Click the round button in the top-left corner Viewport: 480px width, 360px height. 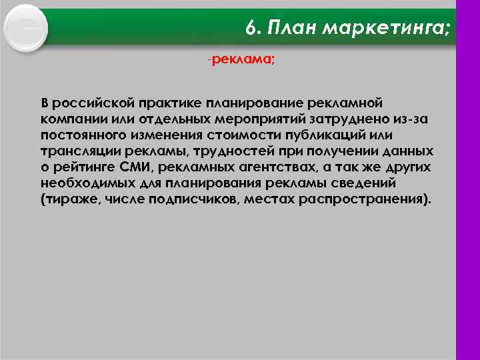[x=26, y=27]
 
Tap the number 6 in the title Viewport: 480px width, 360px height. [x=250, y=28]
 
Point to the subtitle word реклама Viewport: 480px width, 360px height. [x=241, y=60]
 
